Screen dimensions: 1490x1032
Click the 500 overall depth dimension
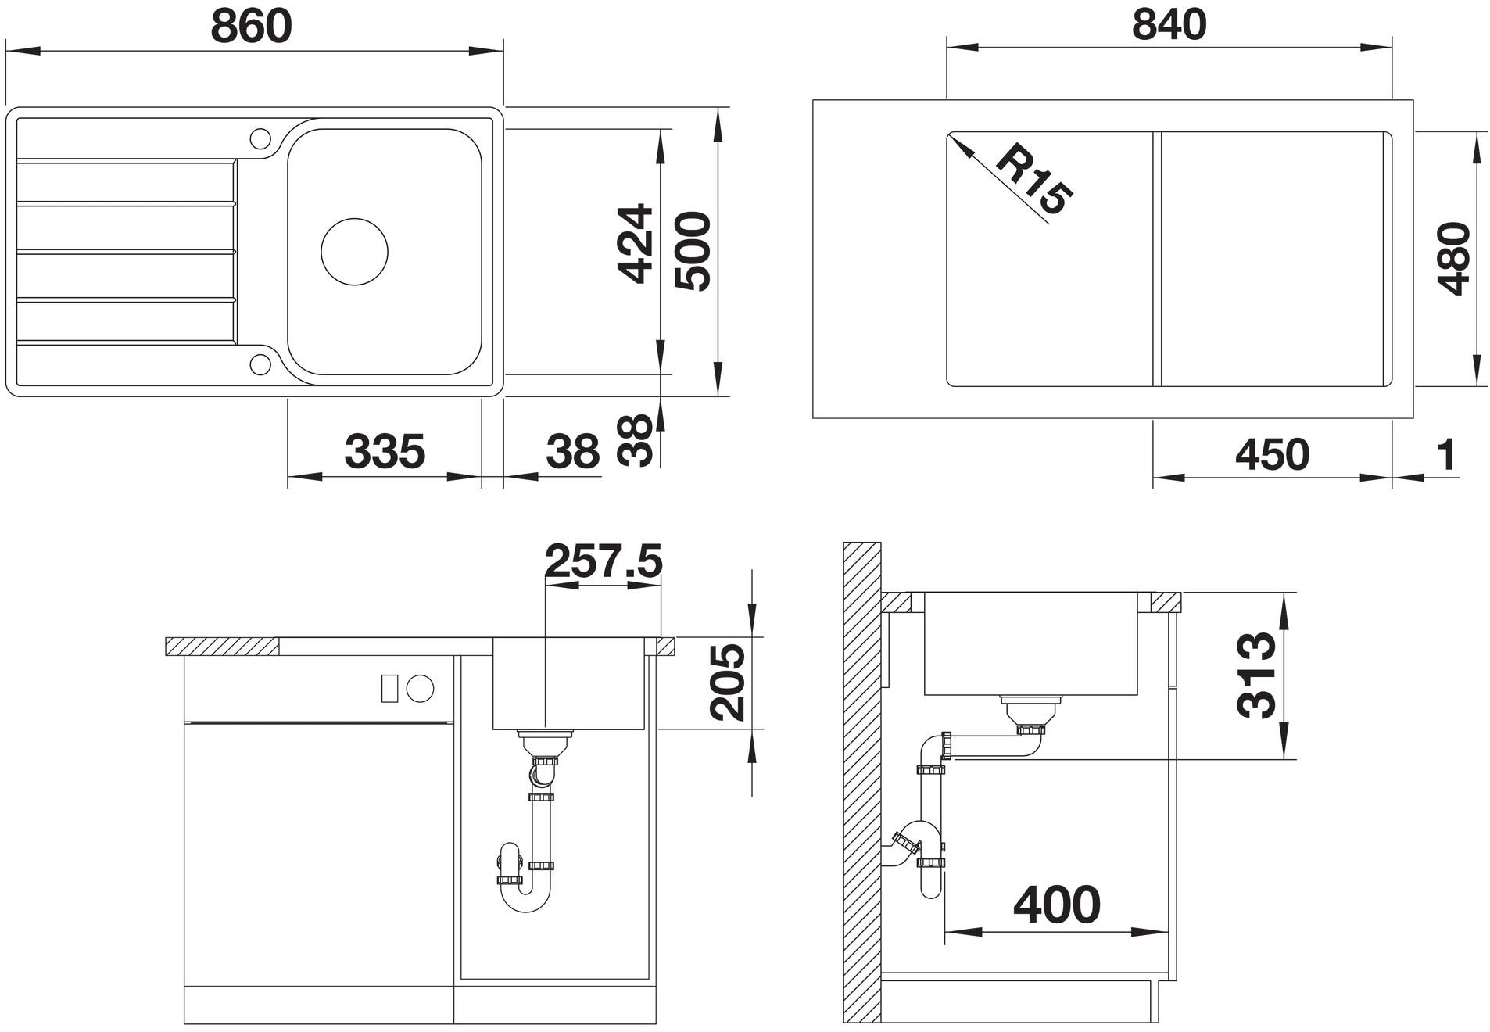693,251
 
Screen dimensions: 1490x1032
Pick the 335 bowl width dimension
385,451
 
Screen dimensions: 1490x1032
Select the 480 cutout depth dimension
1453,258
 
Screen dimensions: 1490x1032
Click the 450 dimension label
1272,454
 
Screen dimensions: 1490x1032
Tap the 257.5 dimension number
603,561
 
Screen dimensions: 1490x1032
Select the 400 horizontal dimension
1057,905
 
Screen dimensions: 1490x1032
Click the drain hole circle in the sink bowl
354,251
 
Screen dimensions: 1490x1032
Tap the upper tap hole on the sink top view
260,138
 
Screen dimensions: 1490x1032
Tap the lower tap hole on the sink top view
260,364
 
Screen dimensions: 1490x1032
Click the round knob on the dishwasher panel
420,687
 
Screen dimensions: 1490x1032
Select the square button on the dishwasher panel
390,687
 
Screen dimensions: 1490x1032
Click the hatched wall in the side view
862,783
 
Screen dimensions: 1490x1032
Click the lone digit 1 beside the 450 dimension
1447,454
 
